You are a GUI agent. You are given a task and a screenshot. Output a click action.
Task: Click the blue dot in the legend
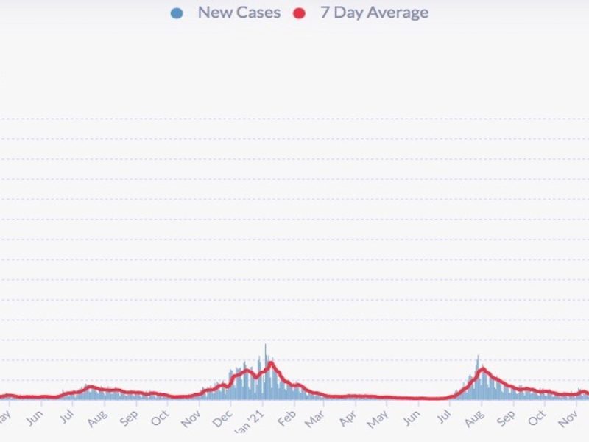click(176, 13)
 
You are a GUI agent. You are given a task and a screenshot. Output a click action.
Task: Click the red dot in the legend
click(299, 13)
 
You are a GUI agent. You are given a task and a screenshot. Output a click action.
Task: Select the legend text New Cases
click(239, 13)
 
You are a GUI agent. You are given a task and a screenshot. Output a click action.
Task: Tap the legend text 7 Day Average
click(374, 13)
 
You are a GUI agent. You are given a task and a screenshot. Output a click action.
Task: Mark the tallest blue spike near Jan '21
click(266, 346)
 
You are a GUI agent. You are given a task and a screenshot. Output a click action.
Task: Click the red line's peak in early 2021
click(272, 362)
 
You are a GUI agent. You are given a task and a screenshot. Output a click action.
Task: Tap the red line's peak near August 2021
click(482, 369)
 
